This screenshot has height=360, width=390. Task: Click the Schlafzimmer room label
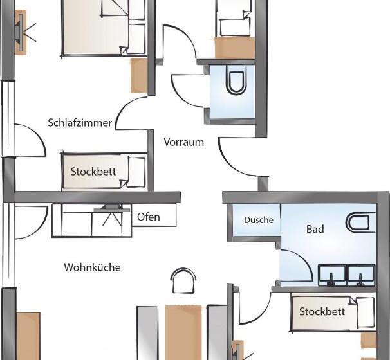[80, 123]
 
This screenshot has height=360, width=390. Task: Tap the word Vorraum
[184, 142]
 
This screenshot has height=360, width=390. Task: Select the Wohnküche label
[92, 267]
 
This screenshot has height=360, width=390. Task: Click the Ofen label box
[154, 215]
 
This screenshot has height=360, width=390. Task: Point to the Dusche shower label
[259, 220]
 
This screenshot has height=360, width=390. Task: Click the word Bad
[315, 229]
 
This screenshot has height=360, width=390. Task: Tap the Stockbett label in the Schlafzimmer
[93, 172]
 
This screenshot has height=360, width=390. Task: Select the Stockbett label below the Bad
[322, 311]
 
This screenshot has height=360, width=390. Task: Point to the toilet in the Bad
[361, 222]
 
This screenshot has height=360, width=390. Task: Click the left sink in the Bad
[332, 275]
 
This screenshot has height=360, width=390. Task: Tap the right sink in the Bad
[361, 275]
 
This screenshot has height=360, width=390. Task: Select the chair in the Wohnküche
[183, 280]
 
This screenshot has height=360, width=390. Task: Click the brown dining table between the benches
[183, 332]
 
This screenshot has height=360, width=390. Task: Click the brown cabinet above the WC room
[235, 48]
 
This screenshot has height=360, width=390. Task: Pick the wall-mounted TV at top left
[20, 32]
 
